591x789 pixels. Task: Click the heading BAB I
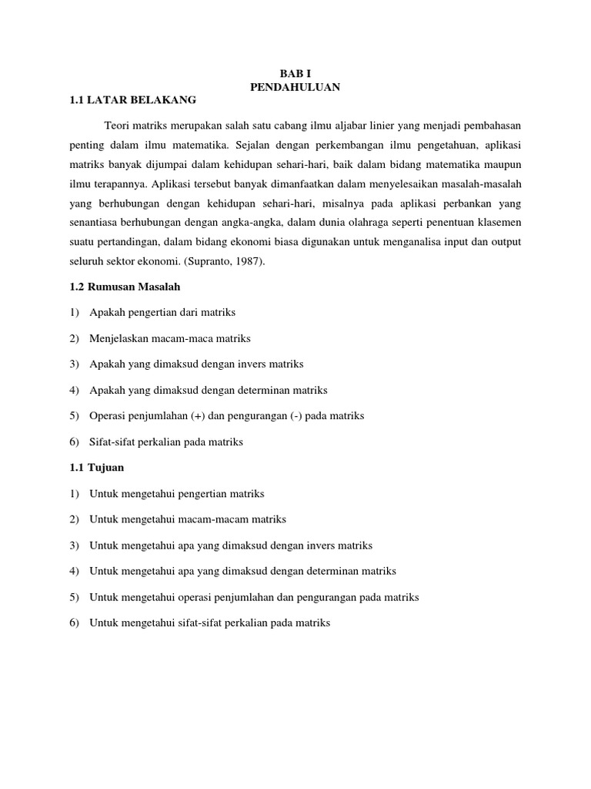295,73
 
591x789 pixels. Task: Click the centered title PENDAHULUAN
295,87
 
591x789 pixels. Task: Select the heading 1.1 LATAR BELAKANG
133,100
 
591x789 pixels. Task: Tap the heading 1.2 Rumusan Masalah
125,287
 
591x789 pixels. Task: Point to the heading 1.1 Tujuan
96,467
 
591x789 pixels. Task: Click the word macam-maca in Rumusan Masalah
186,338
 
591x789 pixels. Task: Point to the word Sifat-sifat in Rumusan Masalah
113,442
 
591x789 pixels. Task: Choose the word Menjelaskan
119,338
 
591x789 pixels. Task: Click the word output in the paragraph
505,242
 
